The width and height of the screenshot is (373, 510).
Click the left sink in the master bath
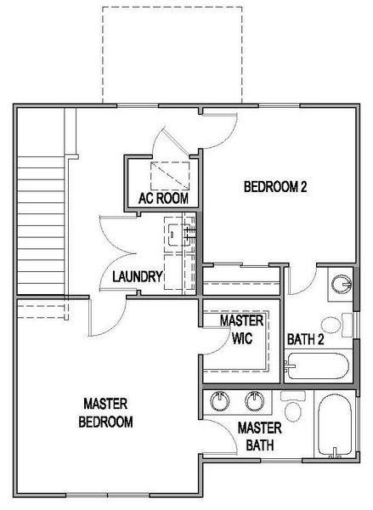[x=223, y=399]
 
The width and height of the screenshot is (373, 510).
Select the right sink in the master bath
[x=253, y=399]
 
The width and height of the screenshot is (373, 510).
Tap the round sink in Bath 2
[x=342, y=283]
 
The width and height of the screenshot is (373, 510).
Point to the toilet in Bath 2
[x=333, y=323]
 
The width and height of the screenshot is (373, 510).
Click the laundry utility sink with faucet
[x=176, y=232]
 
